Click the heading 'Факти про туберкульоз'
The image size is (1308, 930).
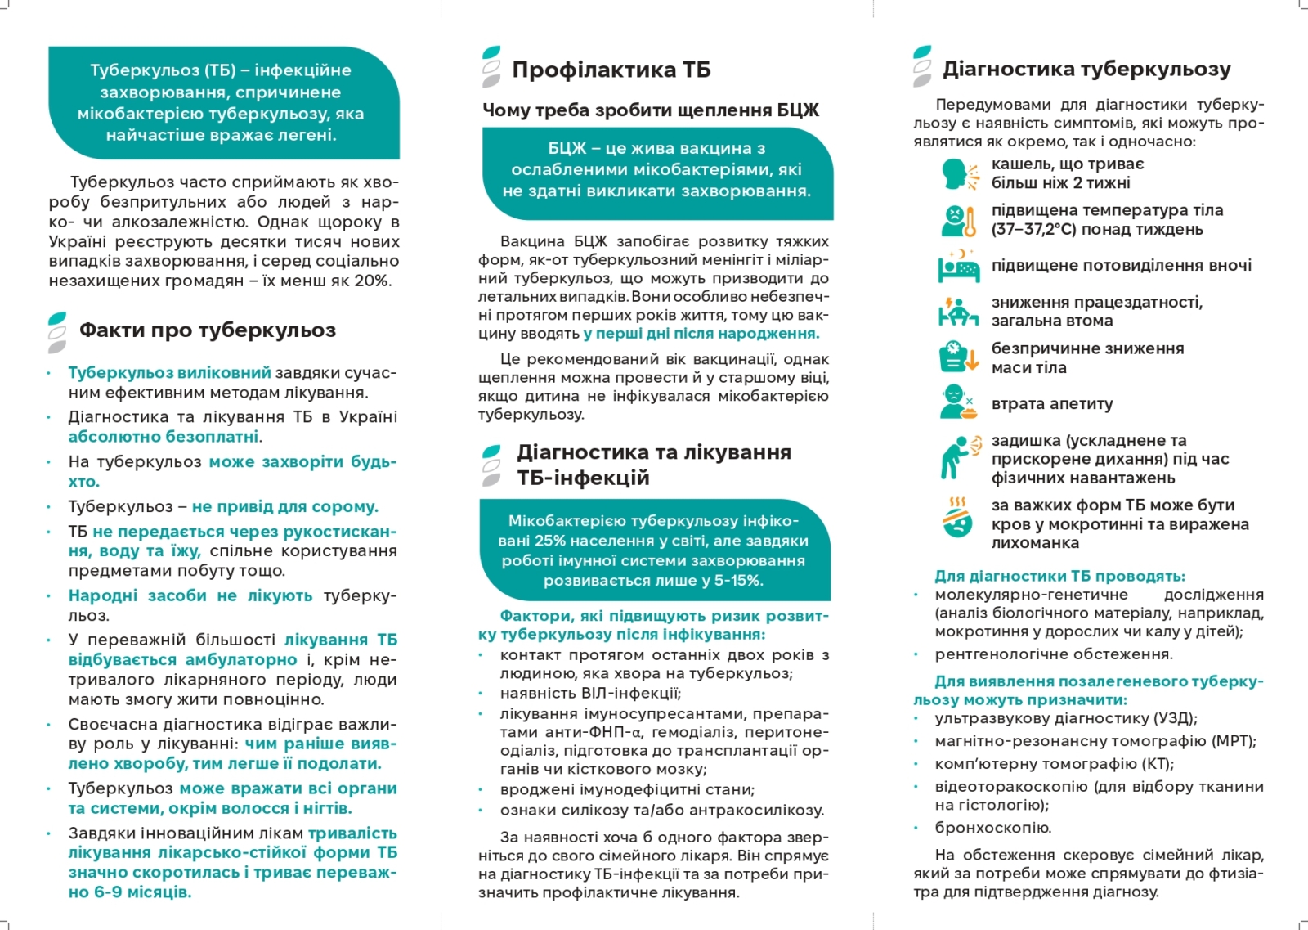[x=207, y=330]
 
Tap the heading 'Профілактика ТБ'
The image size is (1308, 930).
[x=611, y=70]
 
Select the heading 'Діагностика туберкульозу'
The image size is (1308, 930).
[x=1086, y=70]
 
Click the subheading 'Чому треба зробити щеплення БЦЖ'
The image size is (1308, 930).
[x=650, y=110]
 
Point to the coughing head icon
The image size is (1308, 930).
[x=958, y=173]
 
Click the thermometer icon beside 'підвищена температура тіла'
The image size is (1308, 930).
[x=959, y=220]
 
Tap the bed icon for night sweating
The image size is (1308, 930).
[x=958, y=266]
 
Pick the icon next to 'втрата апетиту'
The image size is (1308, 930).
[x=957, y=402]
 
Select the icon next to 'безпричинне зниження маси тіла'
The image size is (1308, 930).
[x=958, y=357]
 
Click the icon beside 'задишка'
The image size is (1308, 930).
[x=958, y=457]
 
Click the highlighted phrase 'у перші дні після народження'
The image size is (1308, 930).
[x=701, y=334]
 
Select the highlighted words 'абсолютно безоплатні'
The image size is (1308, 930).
[x=163, y=437]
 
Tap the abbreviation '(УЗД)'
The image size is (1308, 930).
[x=1174, y=718]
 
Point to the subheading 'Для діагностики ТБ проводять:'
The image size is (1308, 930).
[x=1059, y=576]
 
